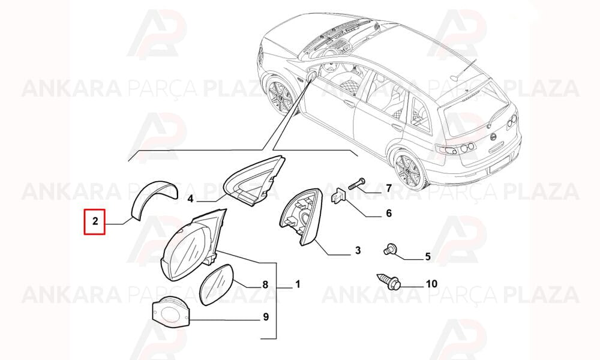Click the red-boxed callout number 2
[95, 221]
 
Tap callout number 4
[191, 199]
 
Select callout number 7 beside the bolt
[388, 188]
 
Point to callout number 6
[389, 213]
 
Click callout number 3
[358, 251]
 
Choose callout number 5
[428, 256]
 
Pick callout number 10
[431, 284]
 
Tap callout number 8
[265, 284]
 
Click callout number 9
[266, 317]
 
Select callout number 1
[298, 284]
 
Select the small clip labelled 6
[337, 196]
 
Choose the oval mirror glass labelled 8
[217, 284]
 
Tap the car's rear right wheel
[408, 172]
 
